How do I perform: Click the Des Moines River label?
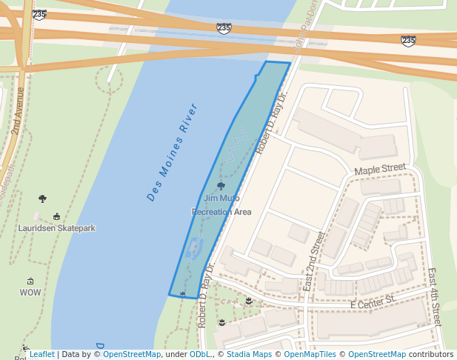173,153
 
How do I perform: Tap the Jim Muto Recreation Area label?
221,205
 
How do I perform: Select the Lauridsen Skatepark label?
57,228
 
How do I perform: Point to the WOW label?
30,293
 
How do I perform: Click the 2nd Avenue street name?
16,110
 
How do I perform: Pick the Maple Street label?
380,170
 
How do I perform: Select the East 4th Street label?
435,296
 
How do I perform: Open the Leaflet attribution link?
41,354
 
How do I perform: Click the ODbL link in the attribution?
200,354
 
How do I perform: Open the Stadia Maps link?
248,354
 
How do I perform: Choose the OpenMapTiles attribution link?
310,354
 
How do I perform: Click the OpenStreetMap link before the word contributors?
376,354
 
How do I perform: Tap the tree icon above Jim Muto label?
221,186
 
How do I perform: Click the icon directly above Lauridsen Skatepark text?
57,216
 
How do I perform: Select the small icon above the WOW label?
30,281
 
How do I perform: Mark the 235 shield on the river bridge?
224,27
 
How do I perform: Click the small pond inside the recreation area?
196,247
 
